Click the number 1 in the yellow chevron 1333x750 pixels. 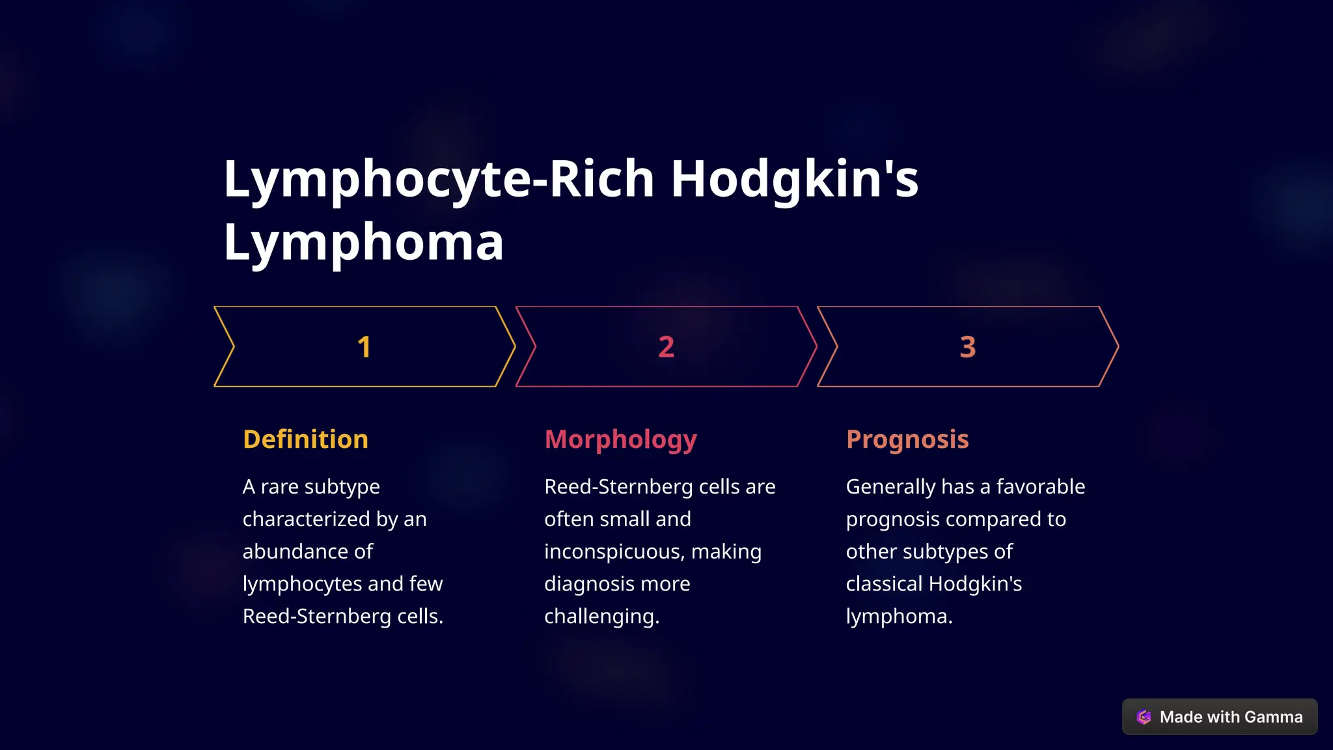pyautogui.click(x=364, y=347)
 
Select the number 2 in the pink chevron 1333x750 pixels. pyautogui.click(x=666, y=347)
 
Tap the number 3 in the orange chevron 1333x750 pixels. pyautogui.click(x=968, y=347)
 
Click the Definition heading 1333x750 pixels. pyautogui.click(x=305, y=439)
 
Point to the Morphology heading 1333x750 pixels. pyautogui.click(x=620, y=440)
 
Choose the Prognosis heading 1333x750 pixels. pyautogui.click(x=907, y=440)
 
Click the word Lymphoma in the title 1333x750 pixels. pyautogui.click(x=363, y=242)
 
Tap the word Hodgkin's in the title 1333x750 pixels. pyautogui.click(x=794, y=179)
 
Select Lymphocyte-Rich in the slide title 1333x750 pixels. pyautogui.click(x=439, y=179)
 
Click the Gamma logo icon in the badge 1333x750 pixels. pyautogui.click(x=1144, y=717)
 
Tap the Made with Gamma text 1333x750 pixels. pyautogui.click(x=1231, y=717)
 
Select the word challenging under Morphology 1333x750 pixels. pyautogui.click(x=601, y=617)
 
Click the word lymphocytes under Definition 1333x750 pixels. pyautogui.click(x=302, y=584)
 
